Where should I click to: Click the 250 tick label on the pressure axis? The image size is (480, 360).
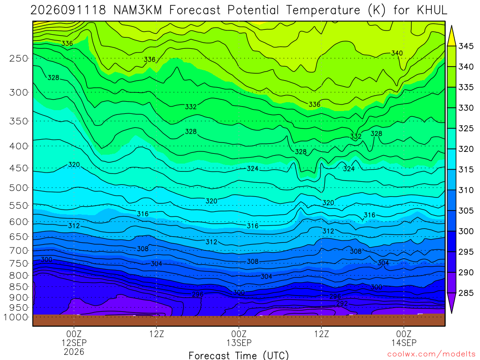19,58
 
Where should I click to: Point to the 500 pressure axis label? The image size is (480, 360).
19,187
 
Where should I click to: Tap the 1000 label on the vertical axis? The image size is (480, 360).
16,317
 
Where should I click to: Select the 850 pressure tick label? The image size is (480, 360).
19,287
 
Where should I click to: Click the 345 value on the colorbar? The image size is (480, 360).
465,46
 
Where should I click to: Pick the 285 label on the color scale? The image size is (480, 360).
465,293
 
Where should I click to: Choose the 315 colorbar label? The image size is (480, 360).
465,170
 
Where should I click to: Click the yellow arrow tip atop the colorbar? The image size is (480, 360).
451,26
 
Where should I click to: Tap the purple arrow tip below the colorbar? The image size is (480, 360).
451,313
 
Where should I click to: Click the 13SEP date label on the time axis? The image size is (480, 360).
239,343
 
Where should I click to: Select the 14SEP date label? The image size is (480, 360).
404,343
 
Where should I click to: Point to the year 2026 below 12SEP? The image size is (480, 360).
74,352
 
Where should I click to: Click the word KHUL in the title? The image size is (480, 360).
432,10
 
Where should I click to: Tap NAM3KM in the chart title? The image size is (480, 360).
137,10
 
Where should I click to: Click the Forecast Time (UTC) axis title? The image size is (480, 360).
239,355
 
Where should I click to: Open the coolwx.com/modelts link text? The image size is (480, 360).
431,354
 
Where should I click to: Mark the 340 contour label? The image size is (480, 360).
397,53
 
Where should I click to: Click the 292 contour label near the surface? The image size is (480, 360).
342,303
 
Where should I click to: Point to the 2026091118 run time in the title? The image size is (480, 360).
68,10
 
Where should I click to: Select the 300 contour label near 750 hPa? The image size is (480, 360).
46,260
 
